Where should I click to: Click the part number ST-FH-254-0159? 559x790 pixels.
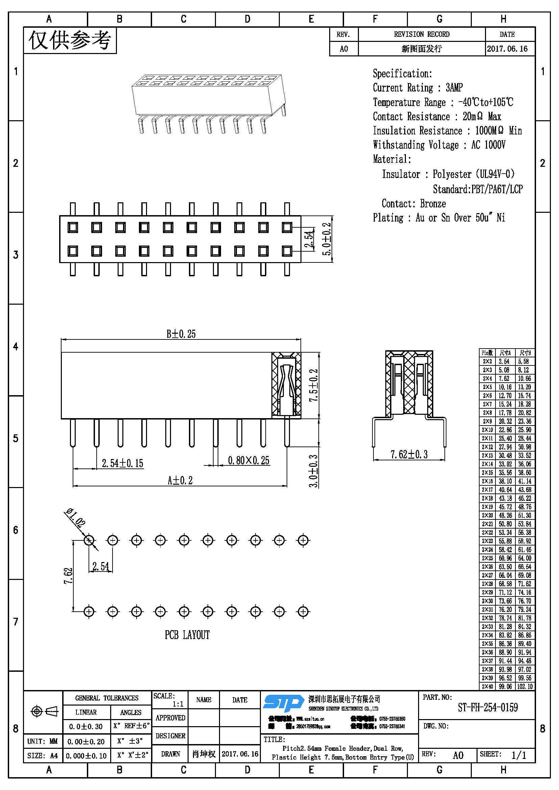(x=487, y=708)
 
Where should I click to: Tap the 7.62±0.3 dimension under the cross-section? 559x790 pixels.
(x=409, y=455)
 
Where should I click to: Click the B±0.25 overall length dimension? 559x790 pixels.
(x=181, y=334)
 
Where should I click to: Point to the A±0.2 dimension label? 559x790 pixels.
(x=180, y=480)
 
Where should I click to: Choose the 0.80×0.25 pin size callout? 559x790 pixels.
(x=248, y=460)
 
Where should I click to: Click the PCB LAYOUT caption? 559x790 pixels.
(x=187, y=635)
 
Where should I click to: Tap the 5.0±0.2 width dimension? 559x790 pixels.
(x=327, y=239)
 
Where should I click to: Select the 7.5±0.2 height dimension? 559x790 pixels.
(x=314, y=385)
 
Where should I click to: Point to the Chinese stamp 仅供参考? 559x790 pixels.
(x=70, y=40)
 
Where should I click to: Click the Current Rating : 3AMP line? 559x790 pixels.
(x=417, y=88)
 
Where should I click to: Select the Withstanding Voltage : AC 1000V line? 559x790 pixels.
(x=439, y=145)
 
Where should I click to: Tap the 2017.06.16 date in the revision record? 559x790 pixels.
(x=507, y=49)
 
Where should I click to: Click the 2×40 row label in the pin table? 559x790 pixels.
(x=487, y=686)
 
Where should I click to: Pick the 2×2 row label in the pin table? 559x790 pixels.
(x=487, y=361)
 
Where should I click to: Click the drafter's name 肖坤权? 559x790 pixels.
(x=203, y=754)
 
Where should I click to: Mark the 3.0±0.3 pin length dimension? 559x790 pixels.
(x=313, y=471)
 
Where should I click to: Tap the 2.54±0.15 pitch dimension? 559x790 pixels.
(x=122, y=463)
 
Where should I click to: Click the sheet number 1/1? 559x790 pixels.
(x=518, y=755)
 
